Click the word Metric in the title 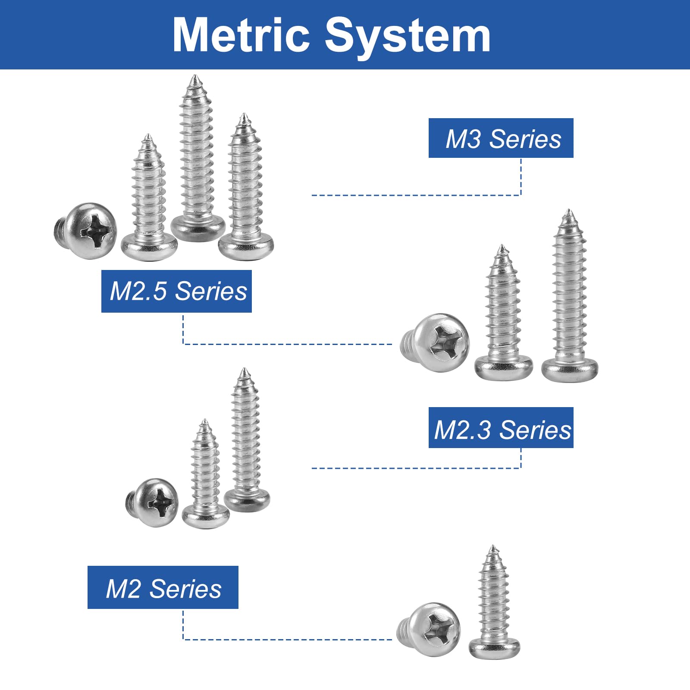point(241,35)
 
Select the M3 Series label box point(501,138)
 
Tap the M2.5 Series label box point(176,291)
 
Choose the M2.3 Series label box point(501,427)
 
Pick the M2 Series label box point(163,587)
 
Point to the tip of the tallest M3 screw point(195,76)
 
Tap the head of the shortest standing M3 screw point(149,247)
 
